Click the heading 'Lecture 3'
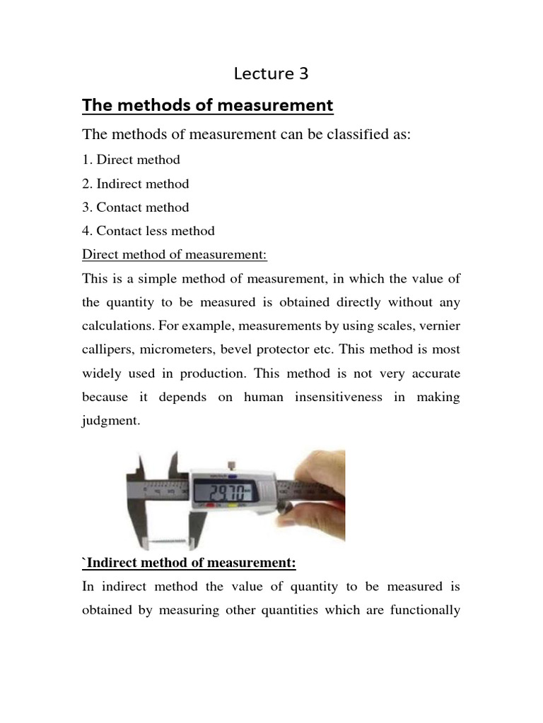271,73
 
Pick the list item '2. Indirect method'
136,184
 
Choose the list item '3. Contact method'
136,208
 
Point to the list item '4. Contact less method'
148,231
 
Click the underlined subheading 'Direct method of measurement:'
175,254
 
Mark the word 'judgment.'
112,422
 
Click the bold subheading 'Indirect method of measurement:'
190,563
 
